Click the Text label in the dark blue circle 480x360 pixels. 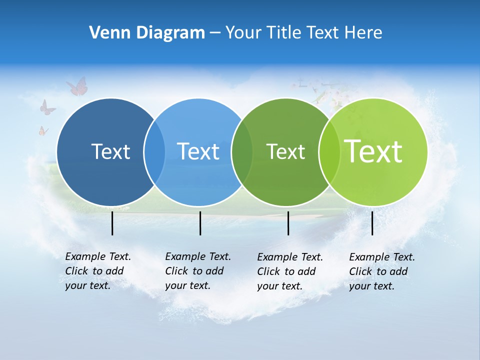pos(110,151)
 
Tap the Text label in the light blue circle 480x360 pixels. pos(198,151)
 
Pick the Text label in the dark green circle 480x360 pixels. pos(285,151)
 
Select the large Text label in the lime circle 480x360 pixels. pos(373,151)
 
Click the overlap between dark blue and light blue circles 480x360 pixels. pos(154,151)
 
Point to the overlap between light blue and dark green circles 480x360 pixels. pos(242,151)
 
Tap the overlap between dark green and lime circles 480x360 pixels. pos(329,151)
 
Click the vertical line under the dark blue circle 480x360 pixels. pos(112,223)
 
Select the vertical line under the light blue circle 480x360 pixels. pos(200,223)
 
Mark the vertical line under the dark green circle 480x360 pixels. pos(288,223)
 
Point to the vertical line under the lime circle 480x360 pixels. pos(372,223)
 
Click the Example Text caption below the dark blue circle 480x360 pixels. pos(97,271)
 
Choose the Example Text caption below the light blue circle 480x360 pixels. pos(197,271)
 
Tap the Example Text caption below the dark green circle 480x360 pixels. pos(289,271)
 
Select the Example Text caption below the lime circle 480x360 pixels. pos(381,271)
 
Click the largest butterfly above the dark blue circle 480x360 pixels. pos(77,86)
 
